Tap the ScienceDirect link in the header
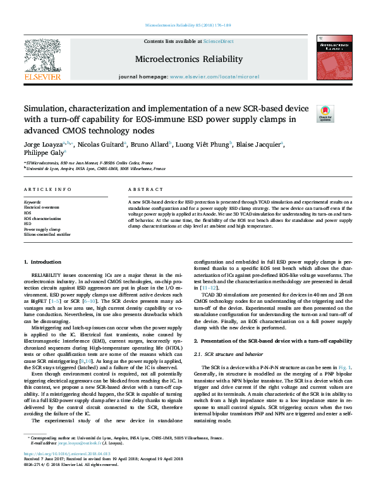coord(218,41)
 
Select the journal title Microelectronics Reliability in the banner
coord(188,59)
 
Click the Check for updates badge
coord(325,113)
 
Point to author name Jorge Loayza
coord(42,144)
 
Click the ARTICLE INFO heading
coord(47,190)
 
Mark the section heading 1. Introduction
coord(42,262)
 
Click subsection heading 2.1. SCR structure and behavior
coord(235,357)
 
